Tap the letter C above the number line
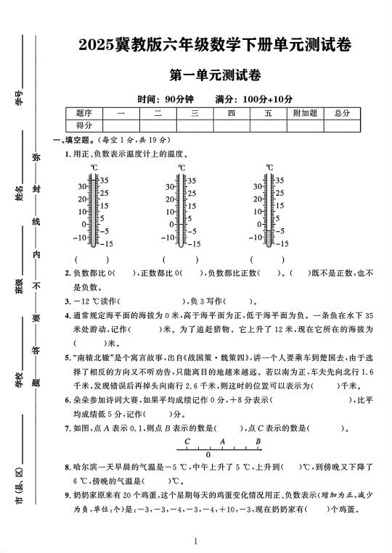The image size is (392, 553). click(x=187, y=441)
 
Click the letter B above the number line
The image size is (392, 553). click(x=258, y=441)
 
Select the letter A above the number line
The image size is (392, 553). click(x=223, y=441)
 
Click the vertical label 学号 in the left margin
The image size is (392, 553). click(x=20, y=96)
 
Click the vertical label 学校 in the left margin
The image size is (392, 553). click(x=20, y=378)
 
